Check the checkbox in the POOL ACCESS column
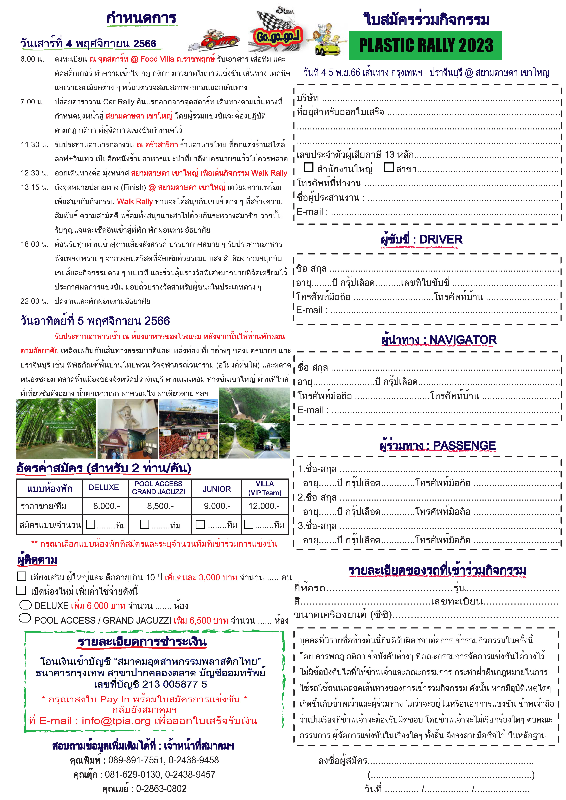[x=145, y=524]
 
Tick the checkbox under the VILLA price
[x=249, y=524]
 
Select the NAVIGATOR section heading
[x=439, y=340]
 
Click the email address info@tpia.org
[x=116, y=720]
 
